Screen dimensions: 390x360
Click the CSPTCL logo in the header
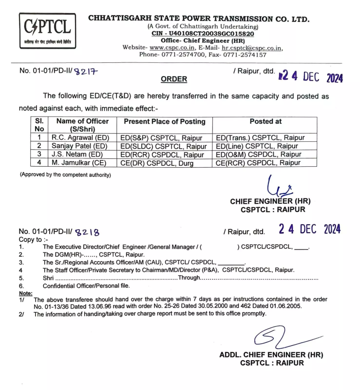(x=47, y=30)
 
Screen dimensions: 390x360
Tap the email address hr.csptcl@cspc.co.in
(x=251, y=48)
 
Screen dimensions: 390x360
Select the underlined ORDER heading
(x=173, y=78)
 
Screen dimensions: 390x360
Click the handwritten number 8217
(x=86, y=71)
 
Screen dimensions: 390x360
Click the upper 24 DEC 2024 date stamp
(x=311, y=77)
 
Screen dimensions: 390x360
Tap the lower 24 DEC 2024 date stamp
(x=310, y=229)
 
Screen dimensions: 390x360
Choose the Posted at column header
(x=265, y=121)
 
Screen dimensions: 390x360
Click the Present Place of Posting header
(x=165, y=121)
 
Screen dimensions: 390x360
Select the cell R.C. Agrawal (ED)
(x=80, y=137)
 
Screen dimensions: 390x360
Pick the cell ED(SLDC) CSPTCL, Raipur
(x=164, y=146)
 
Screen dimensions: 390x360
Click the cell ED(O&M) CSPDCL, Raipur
(x=259, y=154)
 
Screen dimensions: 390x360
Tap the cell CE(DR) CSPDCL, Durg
(x=157, y=163)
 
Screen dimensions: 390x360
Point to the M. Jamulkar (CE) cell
(x=79, y=163)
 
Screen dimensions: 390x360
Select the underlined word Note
(x=25, y=293)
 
